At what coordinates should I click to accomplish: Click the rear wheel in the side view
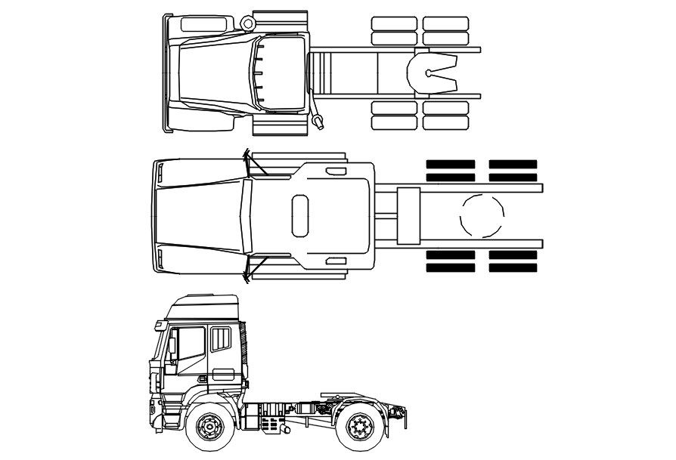[360, 429]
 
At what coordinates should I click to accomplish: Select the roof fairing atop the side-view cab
[203, 309]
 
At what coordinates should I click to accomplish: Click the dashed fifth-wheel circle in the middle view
[482, 215]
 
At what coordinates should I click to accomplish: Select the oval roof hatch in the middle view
[300, 215]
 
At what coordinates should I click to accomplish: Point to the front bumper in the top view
[166, 73]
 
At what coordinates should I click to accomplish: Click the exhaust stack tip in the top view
[319, 120]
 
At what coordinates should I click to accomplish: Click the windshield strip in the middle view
[243, 215]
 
